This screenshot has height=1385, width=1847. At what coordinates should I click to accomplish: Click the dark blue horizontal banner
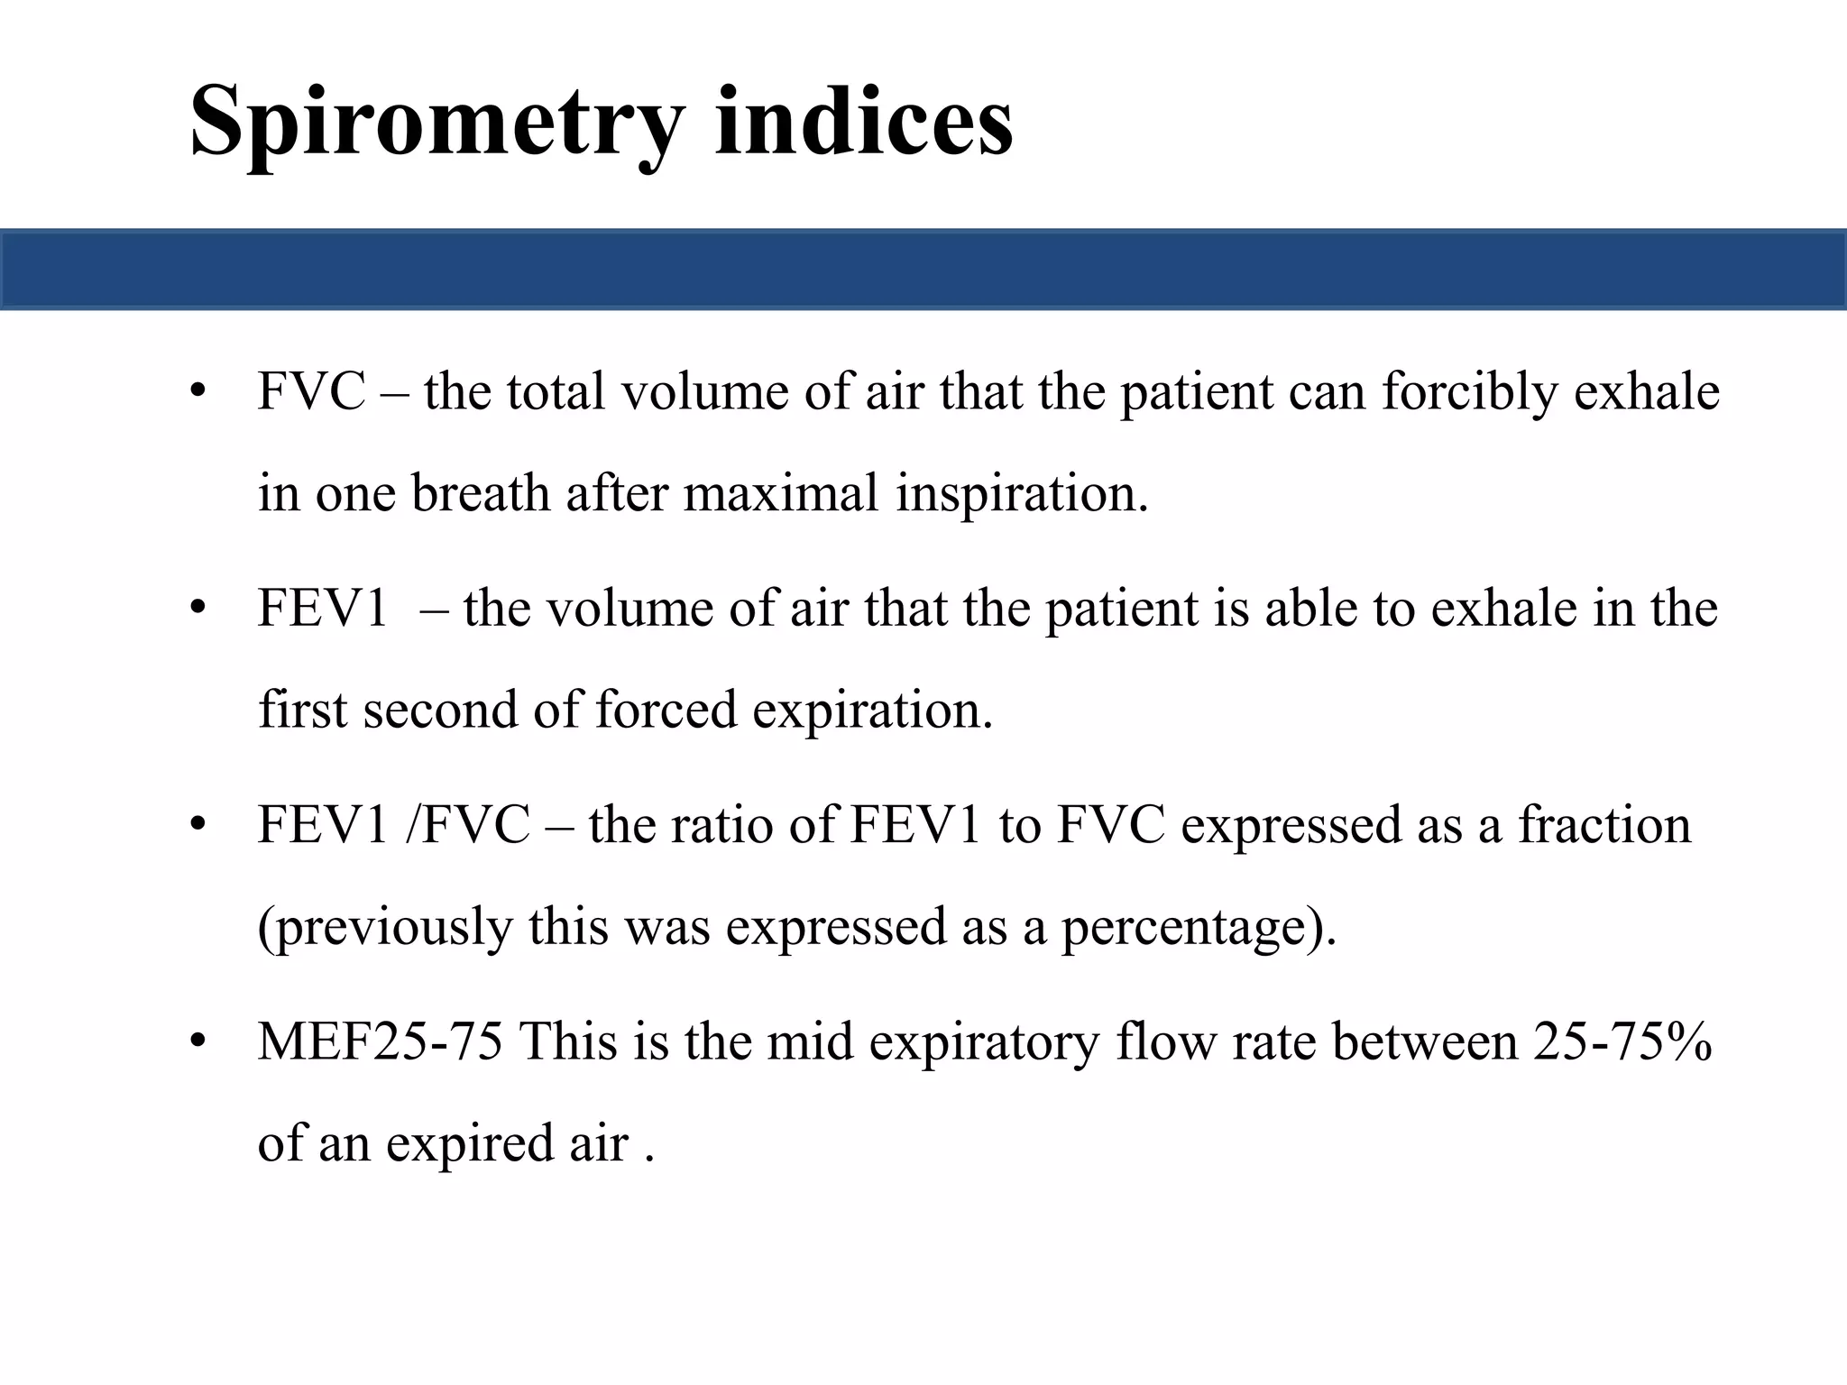point(923,270)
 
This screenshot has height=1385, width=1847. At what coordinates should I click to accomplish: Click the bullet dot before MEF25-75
point(198,1042)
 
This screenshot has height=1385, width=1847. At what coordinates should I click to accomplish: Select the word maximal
point(780,493)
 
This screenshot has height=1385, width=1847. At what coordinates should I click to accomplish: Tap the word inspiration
point(1022,493)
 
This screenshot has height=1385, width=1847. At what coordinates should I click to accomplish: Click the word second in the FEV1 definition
point(440,710)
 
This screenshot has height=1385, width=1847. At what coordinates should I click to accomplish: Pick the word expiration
point(872,710)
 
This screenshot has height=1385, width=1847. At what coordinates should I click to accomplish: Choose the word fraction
point(1604,825)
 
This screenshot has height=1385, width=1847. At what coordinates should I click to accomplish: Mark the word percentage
point(1196,927)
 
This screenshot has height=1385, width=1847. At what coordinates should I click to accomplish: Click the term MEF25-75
point(380,1042)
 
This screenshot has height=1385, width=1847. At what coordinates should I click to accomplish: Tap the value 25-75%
point(1622,1042)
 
